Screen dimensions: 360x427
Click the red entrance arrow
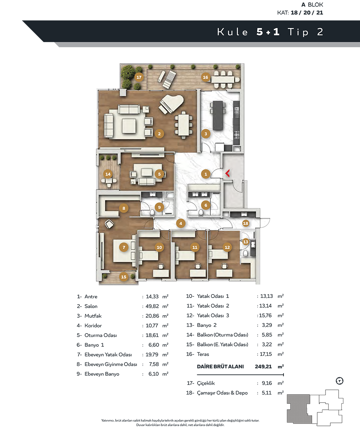pyautogui.click(x=228, y=173)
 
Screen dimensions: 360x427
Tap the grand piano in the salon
pyautogui.click(x=171, y=104)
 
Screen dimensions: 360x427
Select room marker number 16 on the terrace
pyautogui.click(x=205, y=77)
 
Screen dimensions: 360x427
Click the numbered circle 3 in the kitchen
pyautogui.click(x=206, y=134)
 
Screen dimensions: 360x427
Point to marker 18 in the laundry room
pyautogui.click(x=246, y=223)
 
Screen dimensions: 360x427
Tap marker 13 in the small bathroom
pyautogui.click(x=246, y=242)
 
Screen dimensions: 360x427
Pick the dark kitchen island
pyautogui.click(x=217, y=116)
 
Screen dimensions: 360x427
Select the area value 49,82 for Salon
pyautogui.click(x=152, y=306)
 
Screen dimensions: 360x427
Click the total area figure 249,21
pyautogui.click(x=263, y=367)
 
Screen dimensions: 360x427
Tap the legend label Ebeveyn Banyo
pyautogui.click(x=102, y=374)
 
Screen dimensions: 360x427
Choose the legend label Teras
pyautogui.click(x=203, y=354)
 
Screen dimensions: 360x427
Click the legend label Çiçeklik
pyautogui.click(x=206, y=383)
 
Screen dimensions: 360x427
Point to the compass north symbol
pyautogui.click(x=340, y=381)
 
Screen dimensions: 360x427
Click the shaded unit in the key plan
pyautogui.click(x=298, y=409)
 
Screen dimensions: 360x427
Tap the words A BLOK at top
pyautogui.click(x=312, y=5)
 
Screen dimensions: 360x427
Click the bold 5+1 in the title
pyautogui.click(x=268, y=32)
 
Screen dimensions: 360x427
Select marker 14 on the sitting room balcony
pyautogui.click(x=108, y=174)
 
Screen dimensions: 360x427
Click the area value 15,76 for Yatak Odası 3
pyautogui.click(x=265, y=315)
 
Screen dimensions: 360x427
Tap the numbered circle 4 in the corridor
pyautogui.click(x=181, y=224)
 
